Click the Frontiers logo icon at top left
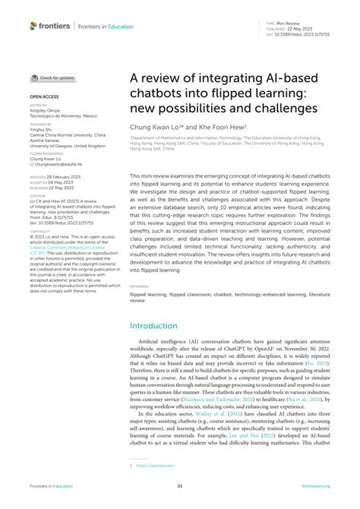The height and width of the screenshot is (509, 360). click(x=33, y=26)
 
